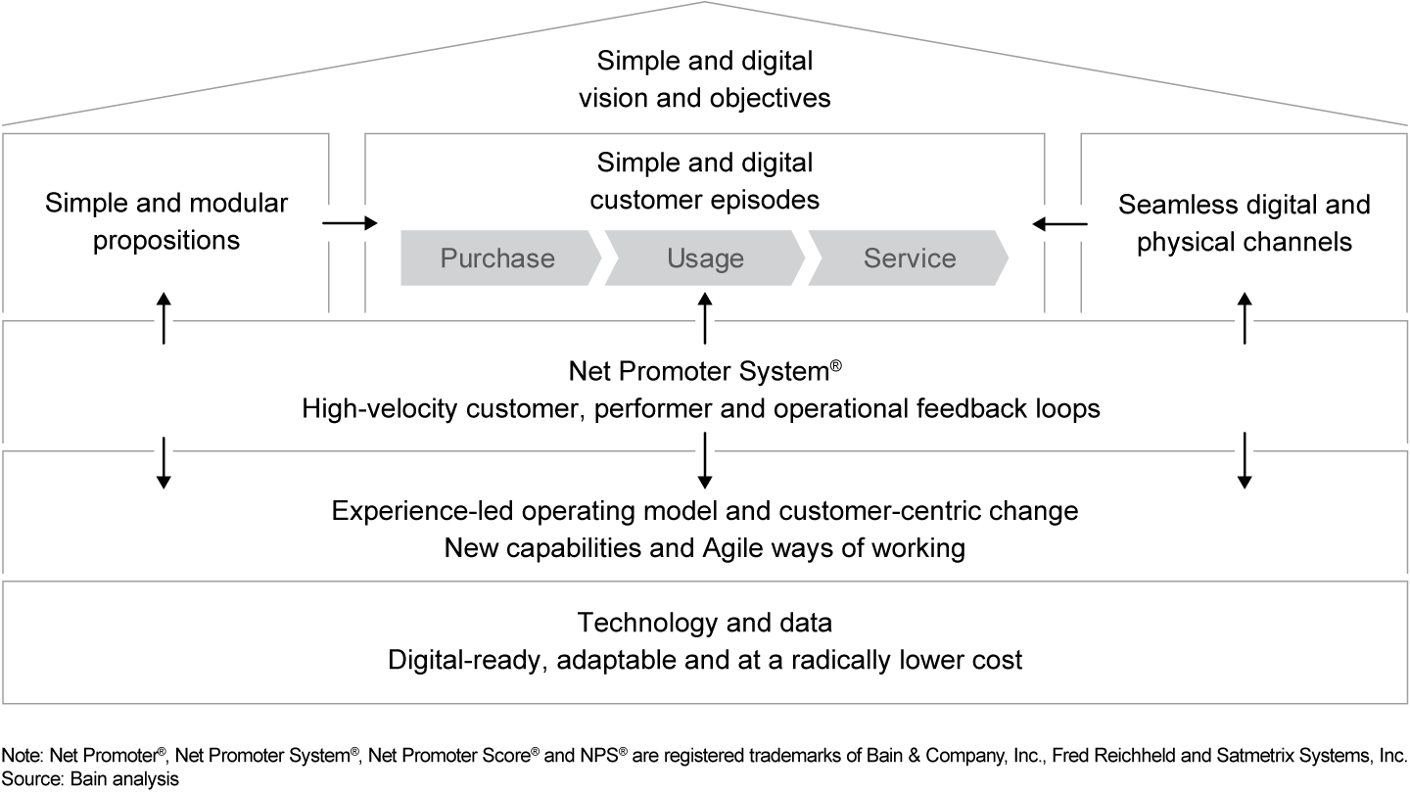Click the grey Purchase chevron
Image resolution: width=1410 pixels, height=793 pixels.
498,258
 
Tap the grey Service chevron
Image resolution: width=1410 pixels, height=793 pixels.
909,258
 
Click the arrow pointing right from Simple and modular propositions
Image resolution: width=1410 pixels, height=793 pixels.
350,224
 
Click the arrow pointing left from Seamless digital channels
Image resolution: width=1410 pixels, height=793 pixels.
1059,224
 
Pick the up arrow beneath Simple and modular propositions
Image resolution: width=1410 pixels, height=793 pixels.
164,317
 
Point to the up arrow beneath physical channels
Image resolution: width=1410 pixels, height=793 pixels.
1244,317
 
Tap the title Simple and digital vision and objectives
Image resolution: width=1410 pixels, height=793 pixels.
705,79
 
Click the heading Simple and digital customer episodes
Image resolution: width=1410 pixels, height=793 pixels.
705,181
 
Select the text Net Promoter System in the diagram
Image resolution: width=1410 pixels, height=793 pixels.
701,372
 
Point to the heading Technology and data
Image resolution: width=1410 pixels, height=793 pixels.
705,623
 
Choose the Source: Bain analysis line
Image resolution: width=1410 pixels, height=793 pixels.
90,780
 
